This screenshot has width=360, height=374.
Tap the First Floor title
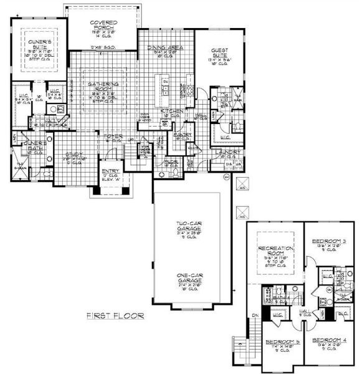tap(115, 316)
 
